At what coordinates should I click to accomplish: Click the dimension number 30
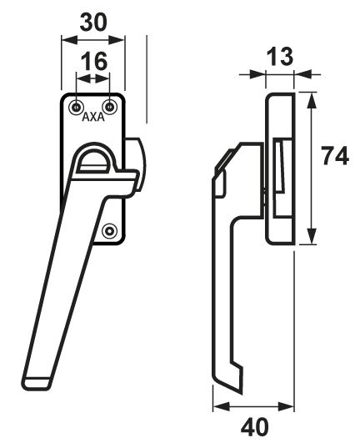click(x=93, y=23)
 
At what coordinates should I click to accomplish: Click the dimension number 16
click(x=94, y=61)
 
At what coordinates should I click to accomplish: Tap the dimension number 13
click(x=280, y=56)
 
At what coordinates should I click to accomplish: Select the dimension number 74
click(x=335, y=156)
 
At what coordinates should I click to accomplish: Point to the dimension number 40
click(x=255, y=427)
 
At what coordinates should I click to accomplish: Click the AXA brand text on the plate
click(x=93, y=117)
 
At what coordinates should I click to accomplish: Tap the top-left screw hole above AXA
click(x=76, y=108)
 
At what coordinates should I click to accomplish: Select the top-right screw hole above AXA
click(x=110, y=108)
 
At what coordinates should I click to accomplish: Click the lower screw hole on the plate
click(x=110, y=230)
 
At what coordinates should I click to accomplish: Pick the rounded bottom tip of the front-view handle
click(x=37, y=384)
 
